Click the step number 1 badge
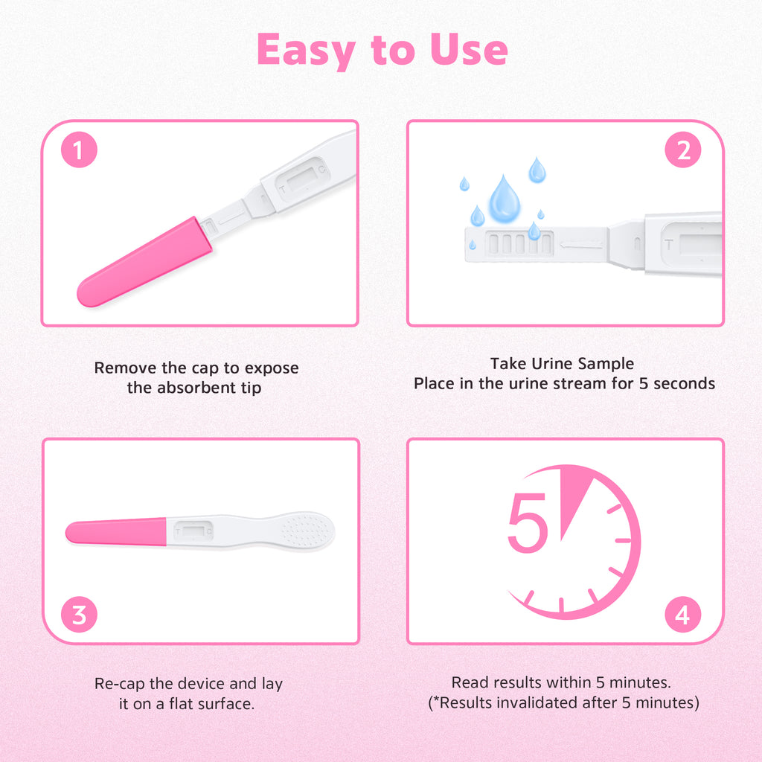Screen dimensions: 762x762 79,152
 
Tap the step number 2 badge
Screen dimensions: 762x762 683,152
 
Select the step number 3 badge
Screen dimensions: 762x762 79,615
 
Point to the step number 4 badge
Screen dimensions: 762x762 683,615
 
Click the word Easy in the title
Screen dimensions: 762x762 302,51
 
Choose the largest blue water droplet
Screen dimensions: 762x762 504,199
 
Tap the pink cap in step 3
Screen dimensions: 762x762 115,532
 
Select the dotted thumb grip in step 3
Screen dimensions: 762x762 306,531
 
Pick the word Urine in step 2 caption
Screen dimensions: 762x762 569,364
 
